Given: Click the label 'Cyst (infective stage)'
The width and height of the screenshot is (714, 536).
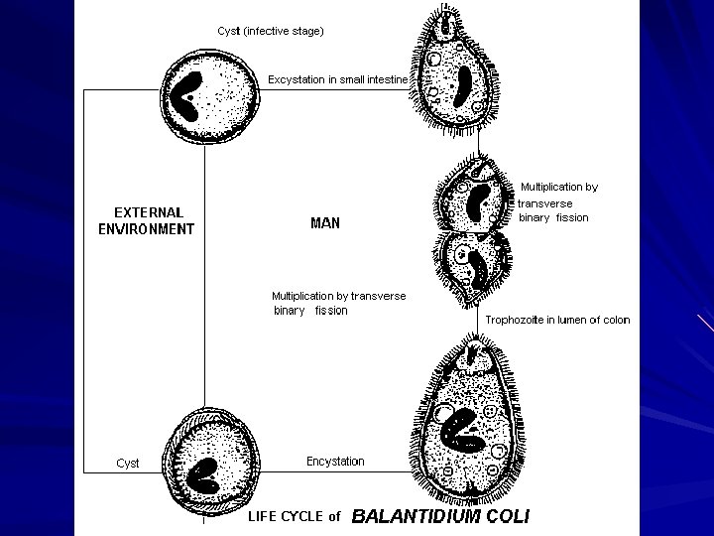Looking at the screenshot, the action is (x=271, y=31).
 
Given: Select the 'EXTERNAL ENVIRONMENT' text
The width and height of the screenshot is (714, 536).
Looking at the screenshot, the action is (x=147, y=220).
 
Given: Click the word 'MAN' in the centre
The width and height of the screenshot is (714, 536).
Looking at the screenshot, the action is (x=325, y=223).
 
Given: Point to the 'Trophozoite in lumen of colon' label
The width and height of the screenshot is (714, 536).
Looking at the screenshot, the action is (x=557, y=320).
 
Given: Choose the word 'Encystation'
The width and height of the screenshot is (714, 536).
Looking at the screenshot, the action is (x=335, y=461).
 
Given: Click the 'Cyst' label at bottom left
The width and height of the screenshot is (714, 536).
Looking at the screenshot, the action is (x=128, y=464).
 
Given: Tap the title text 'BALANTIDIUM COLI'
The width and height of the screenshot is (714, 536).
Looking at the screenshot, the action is (x=441, y=516).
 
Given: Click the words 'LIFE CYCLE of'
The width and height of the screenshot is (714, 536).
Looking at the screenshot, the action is (x=294, y=516).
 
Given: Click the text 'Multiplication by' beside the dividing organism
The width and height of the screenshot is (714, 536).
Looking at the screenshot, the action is (x=559, y=187).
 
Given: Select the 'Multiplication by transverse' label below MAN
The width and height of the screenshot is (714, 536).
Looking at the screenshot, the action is (x=338, y=296).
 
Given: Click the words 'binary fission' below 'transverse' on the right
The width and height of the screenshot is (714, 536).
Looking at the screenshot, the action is (x=553, y=217).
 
